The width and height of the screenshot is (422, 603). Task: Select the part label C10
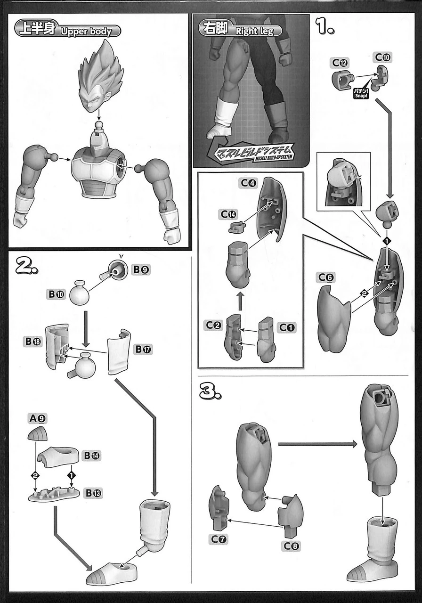click(382, 57)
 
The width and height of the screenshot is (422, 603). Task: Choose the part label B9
click(141, 270)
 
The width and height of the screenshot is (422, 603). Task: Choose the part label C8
click(292, 546)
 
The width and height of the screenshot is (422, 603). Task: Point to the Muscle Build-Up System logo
click(256, 153)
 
